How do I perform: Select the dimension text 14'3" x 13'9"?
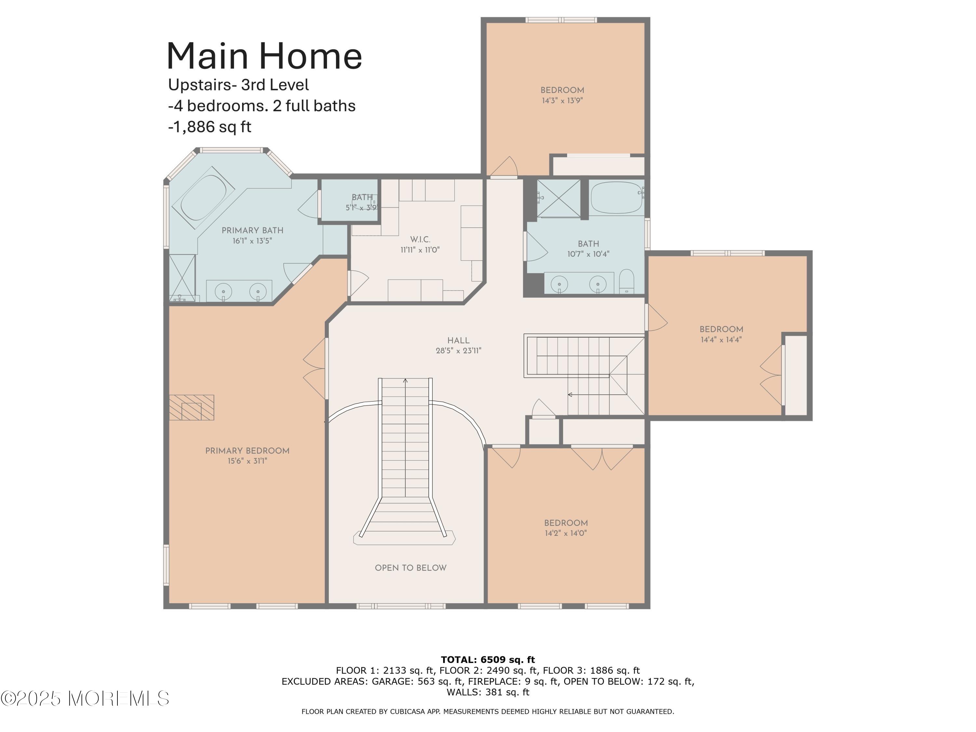pos(562,101)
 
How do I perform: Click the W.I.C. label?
pos(420,239)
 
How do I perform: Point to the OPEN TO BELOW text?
pos(410,568)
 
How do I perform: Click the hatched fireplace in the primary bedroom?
pos(192,407)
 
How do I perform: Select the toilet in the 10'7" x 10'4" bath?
pos(626,282)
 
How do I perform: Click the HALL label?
pos(458,340)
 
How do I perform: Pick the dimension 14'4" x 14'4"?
pos(721,340)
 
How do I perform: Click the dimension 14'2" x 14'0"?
pos(566,533)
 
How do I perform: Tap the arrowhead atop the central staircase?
pos(405,380)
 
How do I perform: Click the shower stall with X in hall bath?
pos(558,198)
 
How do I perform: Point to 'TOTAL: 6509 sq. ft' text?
pos(488,660)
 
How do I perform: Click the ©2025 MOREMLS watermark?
pos(85,698)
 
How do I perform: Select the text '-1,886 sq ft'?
pos(210,127)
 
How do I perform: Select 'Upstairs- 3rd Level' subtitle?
pos(238,85)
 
